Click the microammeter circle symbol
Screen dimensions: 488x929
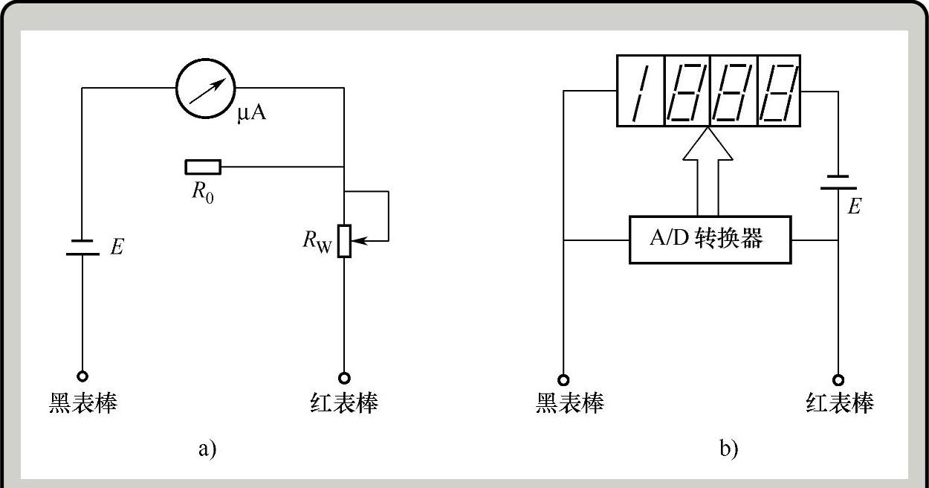[x=205, y=88]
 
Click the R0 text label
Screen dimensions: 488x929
[x=202, y=192]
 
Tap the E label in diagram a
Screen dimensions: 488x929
[x=117, y=247]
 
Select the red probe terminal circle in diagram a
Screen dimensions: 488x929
[x=344, y=376]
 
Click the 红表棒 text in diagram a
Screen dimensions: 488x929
[x=344, y=402]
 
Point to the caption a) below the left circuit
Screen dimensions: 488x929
[x=207, y=449]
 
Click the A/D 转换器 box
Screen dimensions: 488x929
[x=709, y=240]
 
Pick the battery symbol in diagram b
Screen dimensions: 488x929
[x=838, y=182]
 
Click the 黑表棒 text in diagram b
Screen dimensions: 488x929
[x=570, y=402]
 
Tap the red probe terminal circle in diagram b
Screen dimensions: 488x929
[x=838, y=379]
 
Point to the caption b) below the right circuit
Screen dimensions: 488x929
[x=728, y=449]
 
